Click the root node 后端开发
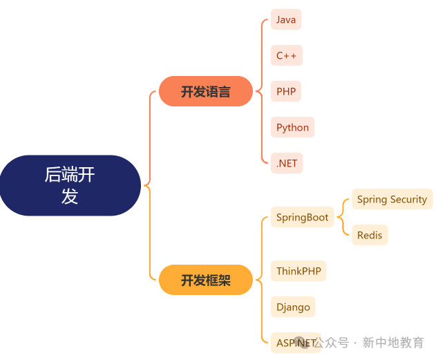click(70, 185)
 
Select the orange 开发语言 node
click(206, 91)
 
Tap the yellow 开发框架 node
click(206, 280)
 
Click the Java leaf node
click(286, 19)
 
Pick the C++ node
click(287, 55)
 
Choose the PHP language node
click(286, 91)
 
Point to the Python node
click(292, 127)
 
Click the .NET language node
click(287, 163)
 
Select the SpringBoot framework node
click(302, 217)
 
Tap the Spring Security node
click(392, 199)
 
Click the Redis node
click(370, 235)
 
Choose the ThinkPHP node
click(298, 271)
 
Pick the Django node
click(293, 307)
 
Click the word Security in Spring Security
click(408, 199)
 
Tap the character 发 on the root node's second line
click(70, 196)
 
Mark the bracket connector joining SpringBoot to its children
click(343, 217)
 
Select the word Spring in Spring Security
click(372, 199)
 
